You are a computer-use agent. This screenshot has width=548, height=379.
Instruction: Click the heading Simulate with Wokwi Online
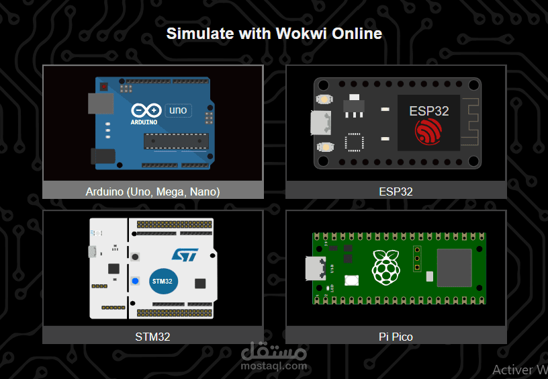[274, 33]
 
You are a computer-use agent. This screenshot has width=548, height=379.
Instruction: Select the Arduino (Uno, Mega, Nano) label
[152, 192]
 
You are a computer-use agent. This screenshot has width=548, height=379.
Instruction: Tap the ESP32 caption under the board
[396, 192]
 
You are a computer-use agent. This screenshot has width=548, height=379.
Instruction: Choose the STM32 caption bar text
[152, 337]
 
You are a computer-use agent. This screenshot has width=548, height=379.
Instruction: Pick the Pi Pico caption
[396, 337]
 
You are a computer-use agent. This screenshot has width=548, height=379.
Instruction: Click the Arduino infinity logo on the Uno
[146, 110]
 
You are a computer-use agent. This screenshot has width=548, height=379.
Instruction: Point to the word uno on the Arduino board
[178, 110]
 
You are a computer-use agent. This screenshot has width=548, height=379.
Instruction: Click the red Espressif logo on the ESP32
[429, 132]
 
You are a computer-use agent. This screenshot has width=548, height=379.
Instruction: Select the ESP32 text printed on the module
[429, 111]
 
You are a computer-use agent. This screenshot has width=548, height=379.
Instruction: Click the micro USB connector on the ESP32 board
[320, 123]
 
